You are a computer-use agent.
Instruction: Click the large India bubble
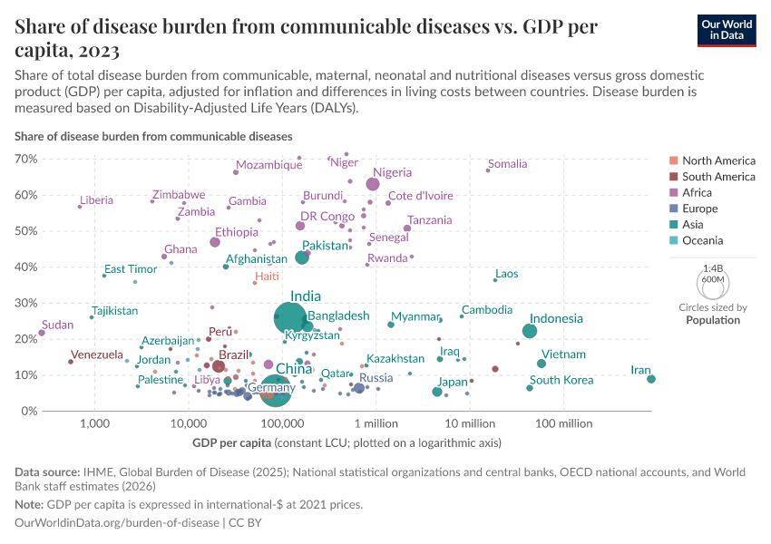(290, 317)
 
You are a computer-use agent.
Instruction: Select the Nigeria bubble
(373, 184)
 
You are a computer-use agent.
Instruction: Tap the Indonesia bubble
(530, 331)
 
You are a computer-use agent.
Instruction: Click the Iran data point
(651, 379)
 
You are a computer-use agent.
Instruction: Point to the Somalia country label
(507, 164)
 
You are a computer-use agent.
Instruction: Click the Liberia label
(96, 200)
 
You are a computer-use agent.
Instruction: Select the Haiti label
(267, 276)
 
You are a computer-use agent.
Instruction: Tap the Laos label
(507, 274)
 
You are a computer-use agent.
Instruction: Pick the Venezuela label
(96, 355)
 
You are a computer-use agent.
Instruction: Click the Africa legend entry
(697, 192)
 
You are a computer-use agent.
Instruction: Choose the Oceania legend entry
(702, 240)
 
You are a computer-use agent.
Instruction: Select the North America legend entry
(718, 160)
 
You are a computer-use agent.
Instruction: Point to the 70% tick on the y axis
(25, 159)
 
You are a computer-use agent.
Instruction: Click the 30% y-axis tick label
(25, 303)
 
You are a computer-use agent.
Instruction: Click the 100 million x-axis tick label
(563, 423)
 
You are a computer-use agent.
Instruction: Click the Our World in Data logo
(727, 30)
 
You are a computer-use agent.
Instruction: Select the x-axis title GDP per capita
(231, 443)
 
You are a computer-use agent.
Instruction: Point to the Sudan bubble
(42, 333)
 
